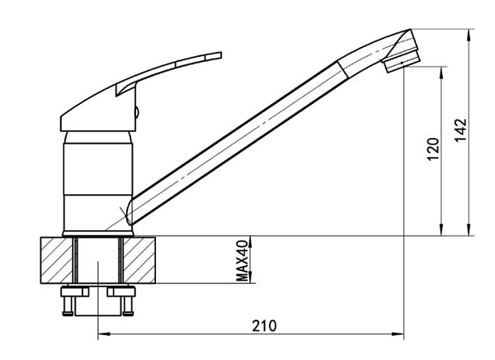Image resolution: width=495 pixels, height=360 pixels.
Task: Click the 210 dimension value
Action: [264, 326]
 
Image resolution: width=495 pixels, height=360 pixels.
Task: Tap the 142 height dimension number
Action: [460, 130]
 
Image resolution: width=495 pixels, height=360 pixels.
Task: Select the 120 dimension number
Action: [433, 149]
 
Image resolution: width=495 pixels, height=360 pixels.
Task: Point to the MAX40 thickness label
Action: [243, 260]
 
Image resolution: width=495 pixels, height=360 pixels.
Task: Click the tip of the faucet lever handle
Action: [220, 55]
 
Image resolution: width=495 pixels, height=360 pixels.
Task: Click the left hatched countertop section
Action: [56, 260]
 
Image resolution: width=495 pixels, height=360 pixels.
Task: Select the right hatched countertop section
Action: [139, 260]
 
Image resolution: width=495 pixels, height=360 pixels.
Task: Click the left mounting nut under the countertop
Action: [75, 291]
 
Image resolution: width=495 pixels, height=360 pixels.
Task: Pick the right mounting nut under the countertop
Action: [121, 291]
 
